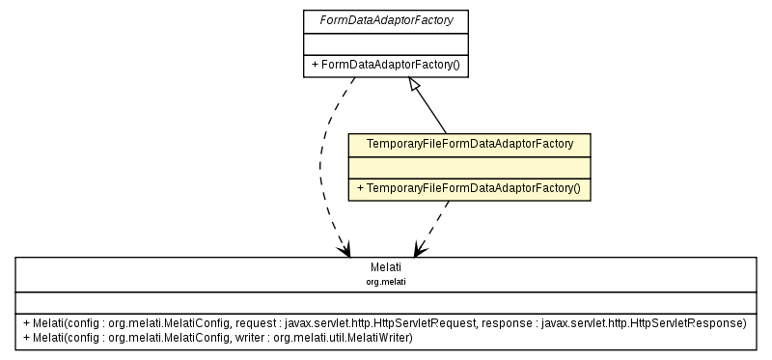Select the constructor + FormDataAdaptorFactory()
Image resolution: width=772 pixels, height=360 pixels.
coord(386,66)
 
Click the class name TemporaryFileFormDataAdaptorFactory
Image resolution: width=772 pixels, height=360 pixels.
coord(469,144)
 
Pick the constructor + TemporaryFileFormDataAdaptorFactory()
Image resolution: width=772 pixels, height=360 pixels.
coord(469,188)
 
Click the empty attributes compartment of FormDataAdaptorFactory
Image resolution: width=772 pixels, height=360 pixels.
coord(386,42)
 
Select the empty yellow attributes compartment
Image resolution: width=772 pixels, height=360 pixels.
coord(469,167)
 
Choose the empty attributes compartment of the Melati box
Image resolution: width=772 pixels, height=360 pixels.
coord(385,300)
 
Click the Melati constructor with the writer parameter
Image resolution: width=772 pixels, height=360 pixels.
coord(218,337)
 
